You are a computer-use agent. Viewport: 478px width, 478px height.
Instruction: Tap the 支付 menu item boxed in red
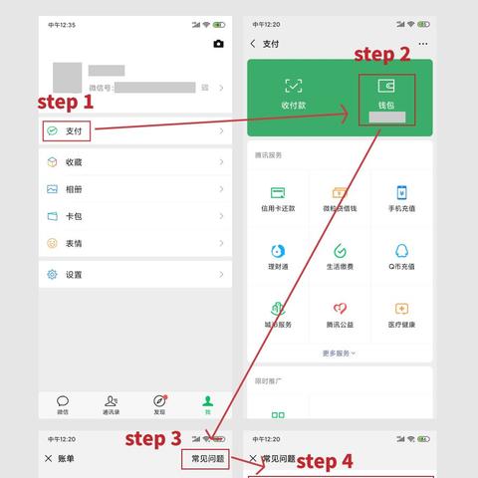click(67, 130)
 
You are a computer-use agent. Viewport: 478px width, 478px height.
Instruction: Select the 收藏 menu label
click(74, 162)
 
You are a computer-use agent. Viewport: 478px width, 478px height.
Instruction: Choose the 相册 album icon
click(52, 189)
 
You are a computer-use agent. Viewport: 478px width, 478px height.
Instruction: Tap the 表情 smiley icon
click(52, 243)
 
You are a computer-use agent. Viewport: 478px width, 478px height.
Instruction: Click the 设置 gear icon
click(52, 275)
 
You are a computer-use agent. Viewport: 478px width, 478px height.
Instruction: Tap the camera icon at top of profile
click(219, 44)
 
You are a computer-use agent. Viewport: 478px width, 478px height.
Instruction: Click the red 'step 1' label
click(66, 102)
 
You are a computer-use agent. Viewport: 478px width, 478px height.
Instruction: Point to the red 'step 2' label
click(382, 54)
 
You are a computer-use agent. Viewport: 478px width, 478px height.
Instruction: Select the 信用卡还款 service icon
click(278, 193)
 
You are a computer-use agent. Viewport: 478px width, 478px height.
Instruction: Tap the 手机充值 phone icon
click(401, 193)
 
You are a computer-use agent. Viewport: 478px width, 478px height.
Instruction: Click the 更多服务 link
click(340, 353)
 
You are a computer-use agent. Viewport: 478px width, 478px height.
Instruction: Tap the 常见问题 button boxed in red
click(207, 458)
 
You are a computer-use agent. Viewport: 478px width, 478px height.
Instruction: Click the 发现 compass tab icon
click(159, 400)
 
